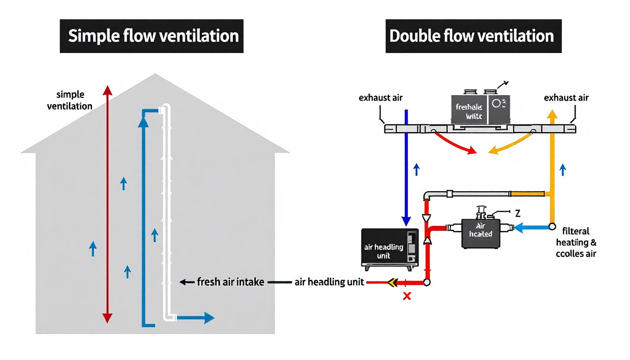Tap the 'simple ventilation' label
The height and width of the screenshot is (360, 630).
pos(70,100)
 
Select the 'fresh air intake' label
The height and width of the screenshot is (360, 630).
pos(230,282)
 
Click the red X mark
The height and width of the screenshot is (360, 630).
pos(407,296)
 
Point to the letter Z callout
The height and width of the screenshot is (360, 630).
pos(517,213)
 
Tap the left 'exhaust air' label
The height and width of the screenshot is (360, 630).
pos(381,98)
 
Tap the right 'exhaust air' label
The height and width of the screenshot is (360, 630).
pos(566,98)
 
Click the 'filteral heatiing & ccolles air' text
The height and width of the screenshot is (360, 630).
pos(576,242)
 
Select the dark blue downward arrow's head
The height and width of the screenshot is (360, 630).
pos(406,220)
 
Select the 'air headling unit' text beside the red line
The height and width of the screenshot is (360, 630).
pos(329,282)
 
